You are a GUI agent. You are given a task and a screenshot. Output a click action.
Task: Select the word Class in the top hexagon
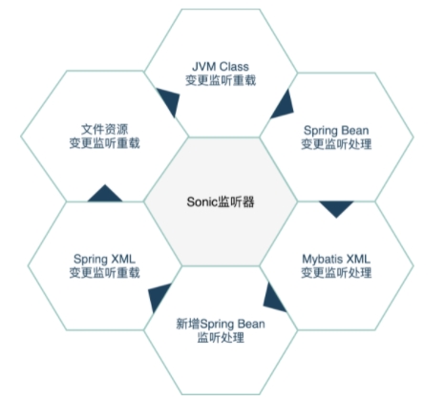coord(234,67)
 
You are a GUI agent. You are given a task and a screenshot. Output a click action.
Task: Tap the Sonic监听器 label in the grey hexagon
coord(221,201)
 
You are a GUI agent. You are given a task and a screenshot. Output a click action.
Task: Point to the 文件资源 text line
coord(105,129)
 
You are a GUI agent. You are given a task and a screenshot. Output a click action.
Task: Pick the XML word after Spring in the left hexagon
coord(123,259)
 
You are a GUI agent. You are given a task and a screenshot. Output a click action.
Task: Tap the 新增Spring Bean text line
coord(221,324)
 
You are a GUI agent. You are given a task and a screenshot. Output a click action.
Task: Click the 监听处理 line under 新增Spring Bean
coord(221,338)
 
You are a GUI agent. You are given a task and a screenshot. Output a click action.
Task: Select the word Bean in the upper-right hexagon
coord(354,131)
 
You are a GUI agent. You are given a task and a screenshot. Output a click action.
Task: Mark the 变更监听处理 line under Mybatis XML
coord(336,273)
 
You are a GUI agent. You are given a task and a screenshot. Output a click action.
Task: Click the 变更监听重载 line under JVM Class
coord(221,80)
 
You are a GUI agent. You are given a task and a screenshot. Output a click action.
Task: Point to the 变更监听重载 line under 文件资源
coord(105,143)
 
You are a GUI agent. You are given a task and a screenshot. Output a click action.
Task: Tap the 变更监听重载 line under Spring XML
coord(105,273)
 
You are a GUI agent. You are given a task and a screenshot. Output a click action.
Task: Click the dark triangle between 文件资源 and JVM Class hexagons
coord(170,100)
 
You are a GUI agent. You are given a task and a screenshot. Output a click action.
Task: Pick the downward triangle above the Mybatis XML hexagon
coord(336,207)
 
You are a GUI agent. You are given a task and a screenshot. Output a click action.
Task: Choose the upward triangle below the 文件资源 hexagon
coord(105,195)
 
